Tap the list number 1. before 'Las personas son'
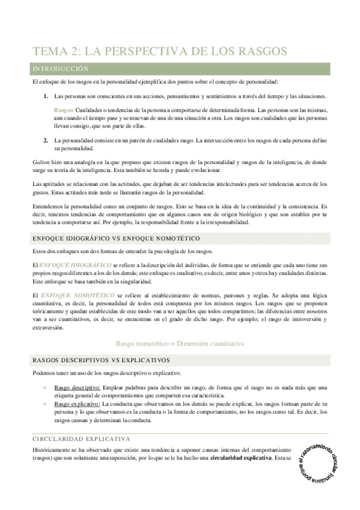pos(46,96)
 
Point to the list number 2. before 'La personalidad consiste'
pos(46,140)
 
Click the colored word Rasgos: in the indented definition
pos(64,111)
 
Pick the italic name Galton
pos(41,162)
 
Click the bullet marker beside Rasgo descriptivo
pos(46,388)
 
